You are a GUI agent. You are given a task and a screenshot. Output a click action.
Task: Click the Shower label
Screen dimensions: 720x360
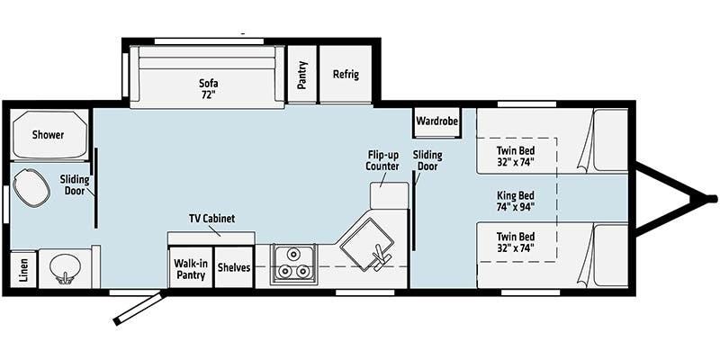pyautogui.click(x=49, y=135)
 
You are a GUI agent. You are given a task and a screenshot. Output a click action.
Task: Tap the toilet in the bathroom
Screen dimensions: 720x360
pyautogui.click(x=31, y=187)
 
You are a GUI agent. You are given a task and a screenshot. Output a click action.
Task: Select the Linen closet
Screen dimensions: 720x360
pyautogui.click(x=23, y=269)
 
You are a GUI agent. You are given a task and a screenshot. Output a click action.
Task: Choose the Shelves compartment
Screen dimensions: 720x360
pyautogui.click(x=234, y=267)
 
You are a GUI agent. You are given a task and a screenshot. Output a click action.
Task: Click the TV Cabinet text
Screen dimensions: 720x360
pyautogui.click(x=211, y=219)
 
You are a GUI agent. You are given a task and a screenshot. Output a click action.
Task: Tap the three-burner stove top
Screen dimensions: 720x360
pyautogui.click(x=293, y=264)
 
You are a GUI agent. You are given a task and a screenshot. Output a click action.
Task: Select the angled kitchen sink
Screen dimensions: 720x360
pyautogui.click(x=367, y=244)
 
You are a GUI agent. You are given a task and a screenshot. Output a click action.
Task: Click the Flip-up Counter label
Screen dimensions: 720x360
pyautogui.click(x=382, y=160)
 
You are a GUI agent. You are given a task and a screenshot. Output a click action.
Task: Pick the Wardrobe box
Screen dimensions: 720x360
pyautogui.click(x=437, y=121)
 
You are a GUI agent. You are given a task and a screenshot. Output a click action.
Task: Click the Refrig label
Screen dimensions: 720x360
pyautogui.click(x=346, y=75)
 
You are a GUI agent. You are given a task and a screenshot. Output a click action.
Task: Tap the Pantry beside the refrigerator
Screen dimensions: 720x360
pyautogui.click(x=301, y=74)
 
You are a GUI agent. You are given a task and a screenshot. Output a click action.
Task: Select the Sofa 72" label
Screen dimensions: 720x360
pyautogui.click(x=209, y=89)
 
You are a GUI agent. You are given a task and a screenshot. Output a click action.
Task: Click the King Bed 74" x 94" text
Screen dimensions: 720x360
pyautogui.click(x=515, y=200)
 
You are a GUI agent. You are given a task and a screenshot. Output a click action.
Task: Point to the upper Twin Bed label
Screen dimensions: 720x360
pyautogui.click(x=515, y=156)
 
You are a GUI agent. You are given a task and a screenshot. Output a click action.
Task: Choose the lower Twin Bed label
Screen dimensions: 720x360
pyautogui.click(x=515, y=242)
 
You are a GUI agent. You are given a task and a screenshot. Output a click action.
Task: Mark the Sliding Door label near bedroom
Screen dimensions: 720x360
pyautogui.click(x=427, y=160)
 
